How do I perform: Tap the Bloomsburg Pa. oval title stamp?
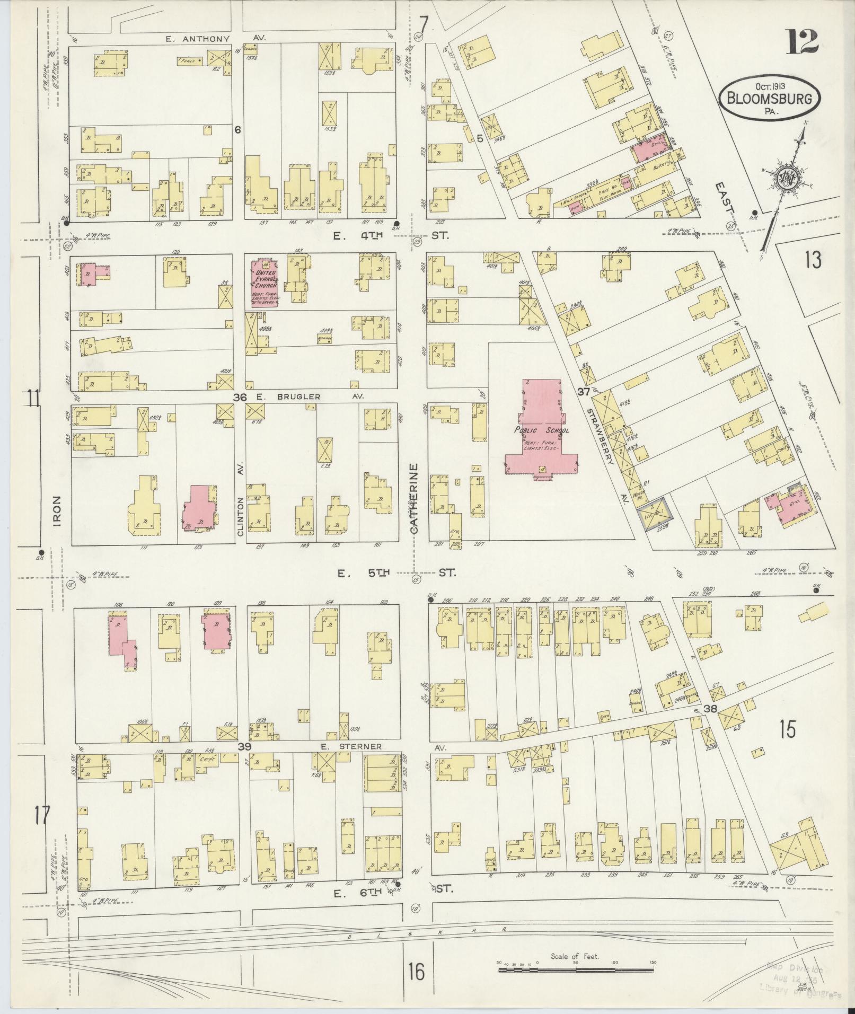click(769, 99)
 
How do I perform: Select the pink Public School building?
click(540, 429)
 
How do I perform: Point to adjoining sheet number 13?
click(812, 260)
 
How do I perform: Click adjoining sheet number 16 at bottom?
click(417, 972)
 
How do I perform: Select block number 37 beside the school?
click(584, 392)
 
